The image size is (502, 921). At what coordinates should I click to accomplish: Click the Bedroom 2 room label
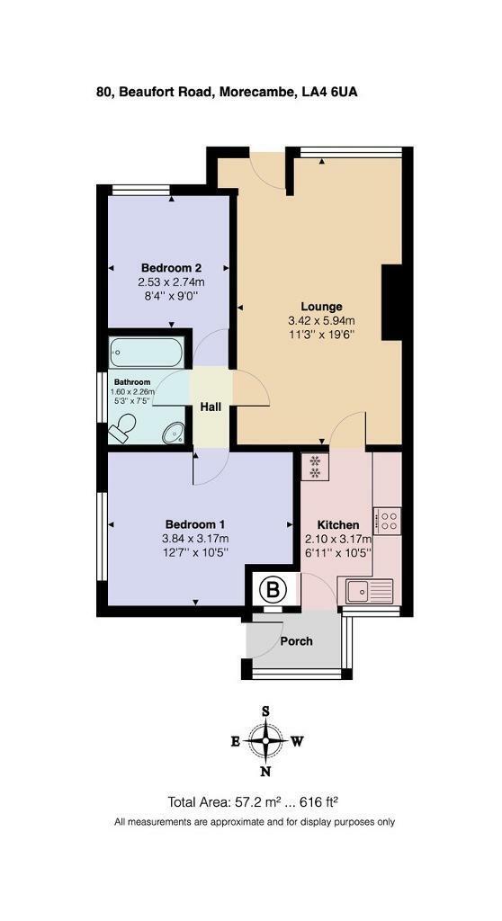click(171, 268)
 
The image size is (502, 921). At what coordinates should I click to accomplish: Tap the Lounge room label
click(321, 307)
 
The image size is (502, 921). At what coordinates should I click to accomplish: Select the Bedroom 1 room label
click(194, 524)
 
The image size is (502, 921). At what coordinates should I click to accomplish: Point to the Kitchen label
click(338, 525)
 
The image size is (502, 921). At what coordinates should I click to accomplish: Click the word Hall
click(211, 407)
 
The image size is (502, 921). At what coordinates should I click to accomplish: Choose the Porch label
click(296, 641)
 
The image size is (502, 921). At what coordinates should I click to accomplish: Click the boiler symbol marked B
click(270, 591)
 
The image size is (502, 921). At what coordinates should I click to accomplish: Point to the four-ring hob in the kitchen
click(388, 520)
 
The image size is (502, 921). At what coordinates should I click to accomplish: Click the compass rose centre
click(266, 741)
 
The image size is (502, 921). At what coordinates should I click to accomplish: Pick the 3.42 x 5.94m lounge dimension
click(321, 321)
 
